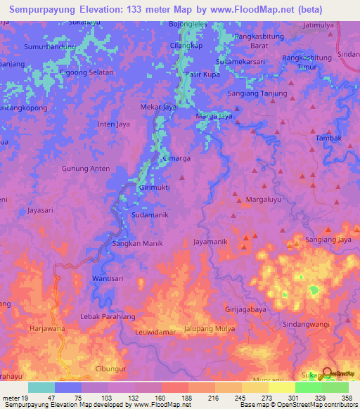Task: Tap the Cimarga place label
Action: [176, 159]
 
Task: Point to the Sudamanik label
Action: [150, 215]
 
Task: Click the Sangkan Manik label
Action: [138, 243]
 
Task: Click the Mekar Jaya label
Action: [158, 108]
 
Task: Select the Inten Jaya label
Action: [114, 124]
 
